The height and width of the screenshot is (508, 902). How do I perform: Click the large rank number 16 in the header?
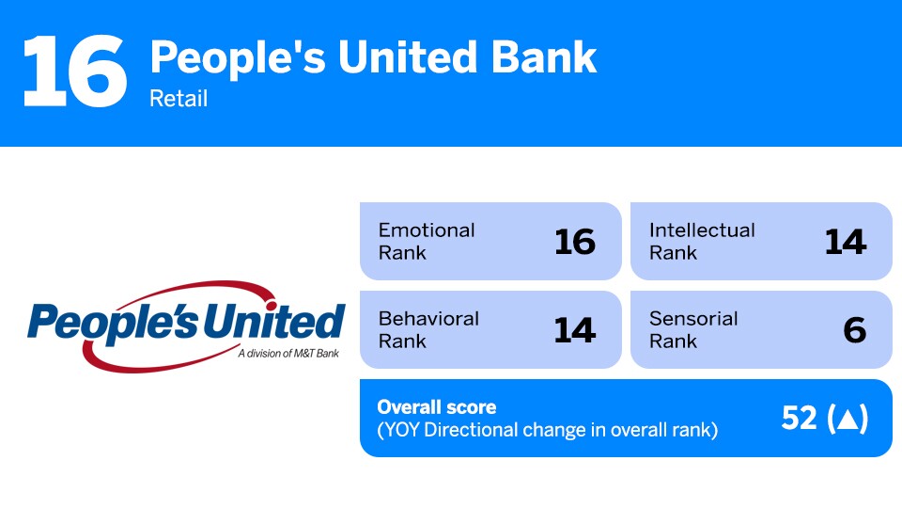click(x=75, y=71)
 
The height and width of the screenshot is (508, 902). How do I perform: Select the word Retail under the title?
click(x=179, y=99)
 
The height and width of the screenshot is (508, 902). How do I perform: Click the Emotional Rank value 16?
click(x=575, y=242)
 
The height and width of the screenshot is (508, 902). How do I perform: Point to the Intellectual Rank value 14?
click(x=846, y=242)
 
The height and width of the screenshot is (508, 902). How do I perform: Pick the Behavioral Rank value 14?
click(x=575, y=330)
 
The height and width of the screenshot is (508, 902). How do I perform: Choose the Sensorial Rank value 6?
click(x=855, y=330)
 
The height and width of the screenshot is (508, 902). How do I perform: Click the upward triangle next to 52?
click(x=848, y=419)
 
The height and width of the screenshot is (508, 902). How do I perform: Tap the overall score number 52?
click(x=799, y=418)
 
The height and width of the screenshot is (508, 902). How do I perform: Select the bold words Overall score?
click(x=437, y=407)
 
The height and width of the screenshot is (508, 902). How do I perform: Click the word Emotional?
click(x=427, y=230)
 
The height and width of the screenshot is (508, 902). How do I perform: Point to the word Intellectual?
click(x=702, y=230)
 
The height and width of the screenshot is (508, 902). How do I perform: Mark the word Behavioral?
click(x=428, y=319)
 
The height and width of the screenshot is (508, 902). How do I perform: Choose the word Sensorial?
click(x=693, y=319)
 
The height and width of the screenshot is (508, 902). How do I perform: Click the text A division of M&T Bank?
click(x=288, y=353)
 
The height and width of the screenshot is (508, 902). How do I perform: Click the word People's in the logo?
click(x=114, y=323)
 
